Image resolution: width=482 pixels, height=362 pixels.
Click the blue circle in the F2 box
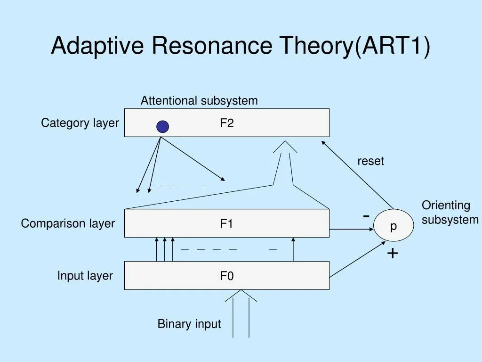pos(162,126)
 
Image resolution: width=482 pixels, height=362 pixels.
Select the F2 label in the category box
pos(227,123)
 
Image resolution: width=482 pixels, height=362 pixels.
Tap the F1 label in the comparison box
pos(227,224)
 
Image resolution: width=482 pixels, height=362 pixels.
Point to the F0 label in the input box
pos(227,276)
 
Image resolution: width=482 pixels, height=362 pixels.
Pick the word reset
pos(370,161)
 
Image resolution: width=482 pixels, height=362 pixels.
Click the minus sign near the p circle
pos(366,215)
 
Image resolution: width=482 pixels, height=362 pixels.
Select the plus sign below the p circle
pos(393,254)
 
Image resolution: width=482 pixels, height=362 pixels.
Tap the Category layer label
pos(80,123)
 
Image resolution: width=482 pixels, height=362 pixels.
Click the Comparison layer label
pos(68,223)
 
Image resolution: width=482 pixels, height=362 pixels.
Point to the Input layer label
pos(85,275)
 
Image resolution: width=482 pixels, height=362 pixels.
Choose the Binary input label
pos(189,324)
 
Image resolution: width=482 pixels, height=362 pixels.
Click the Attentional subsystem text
pos(199,100)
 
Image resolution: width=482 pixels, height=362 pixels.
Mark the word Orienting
pos(446,206)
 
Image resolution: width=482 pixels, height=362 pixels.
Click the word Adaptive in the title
pos(97,46)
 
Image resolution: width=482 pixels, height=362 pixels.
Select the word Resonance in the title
pos(211,46)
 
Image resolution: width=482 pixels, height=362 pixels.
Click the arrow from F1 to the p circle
pos(351,230)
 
